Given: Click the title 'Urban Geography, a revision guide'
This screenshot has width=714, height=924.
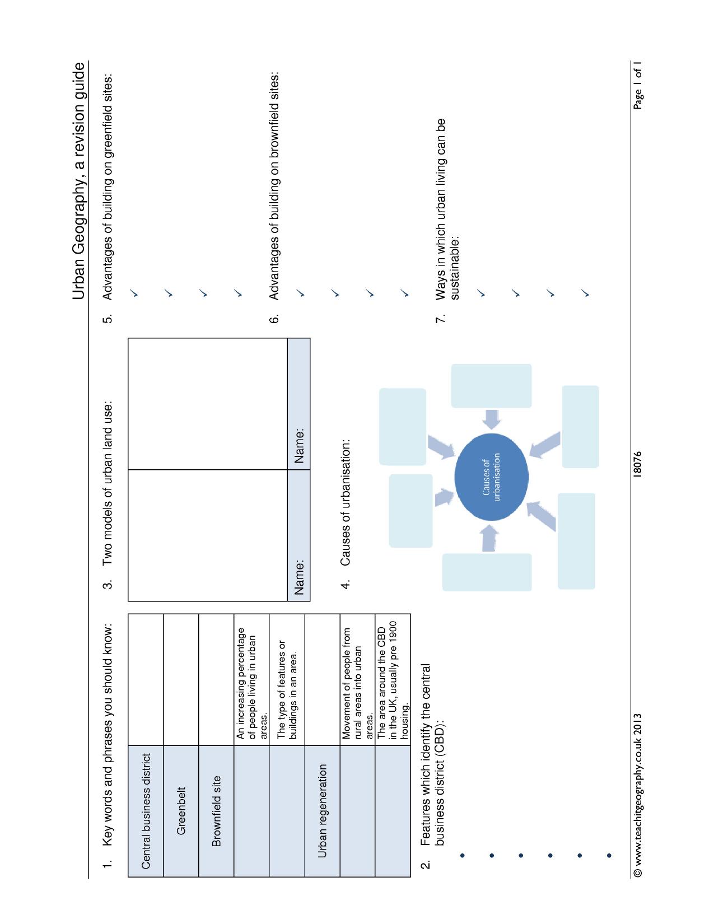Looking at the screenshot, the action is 78,181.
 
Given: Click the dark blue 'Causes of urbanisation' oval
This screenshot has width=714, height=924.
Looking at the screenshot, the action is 491,477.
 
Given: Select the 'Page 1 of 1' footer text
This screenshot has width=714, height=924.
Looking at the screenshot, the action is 637,85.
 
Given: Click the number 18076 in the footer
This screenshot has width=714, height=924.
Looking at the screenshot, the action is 637,465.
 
